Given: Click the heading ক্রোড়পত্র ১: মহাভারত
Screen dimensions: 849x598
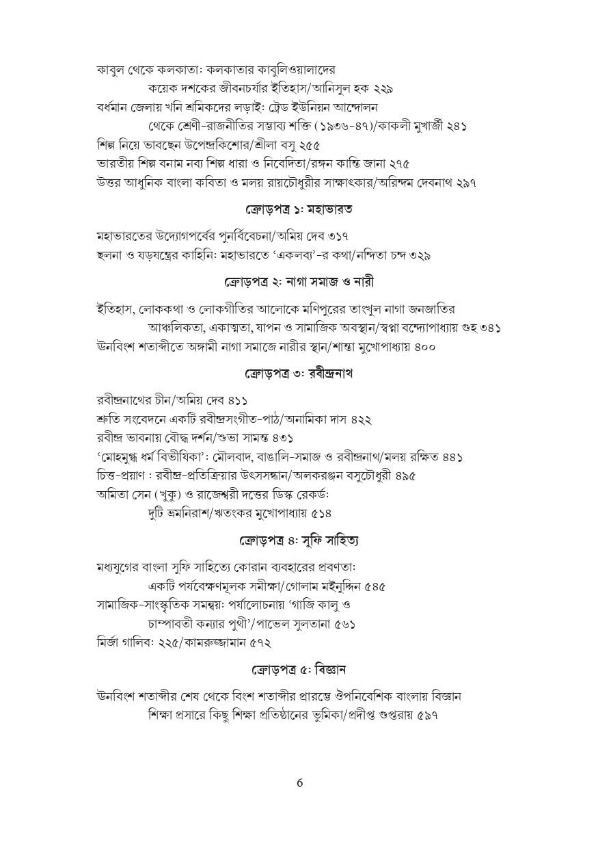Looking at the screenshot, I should pos(299,207).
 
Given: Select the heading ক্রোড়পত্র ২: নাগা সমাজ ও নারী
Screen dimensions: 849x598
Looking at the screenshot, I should pos(299,281).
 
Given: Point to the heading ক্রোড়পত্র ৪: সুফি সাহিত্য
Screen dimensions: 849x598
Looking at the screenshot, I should pos(299,540).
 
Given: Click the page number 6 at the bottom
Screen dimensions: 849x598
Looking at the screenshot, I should pos(299,784).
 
